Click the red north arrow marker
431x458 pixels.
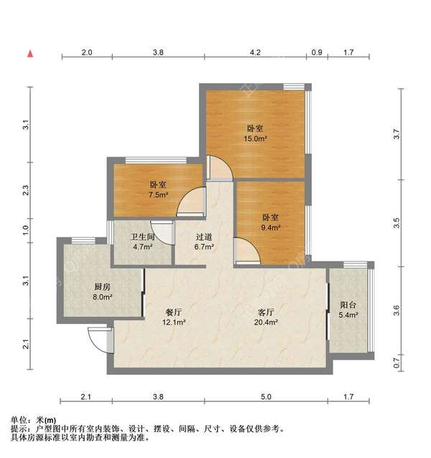point(29,53)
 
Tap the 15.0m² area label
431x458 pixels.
point(256,139)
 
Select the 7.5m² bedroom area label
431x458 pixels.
point(158,194)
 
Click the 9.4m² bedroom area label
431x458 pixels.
point(270,228)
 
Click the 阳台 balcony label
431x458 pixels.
point(348,305)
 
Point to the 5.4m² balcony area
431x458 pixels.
point(348,315)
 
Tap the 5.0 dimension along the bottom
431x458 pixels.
point(266,396)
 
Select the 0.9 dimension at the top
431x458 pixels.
point(317,52)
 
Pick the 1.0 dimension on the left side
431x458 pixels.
point(26,230)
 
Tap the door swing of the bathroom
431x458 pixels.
point(162,232)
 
